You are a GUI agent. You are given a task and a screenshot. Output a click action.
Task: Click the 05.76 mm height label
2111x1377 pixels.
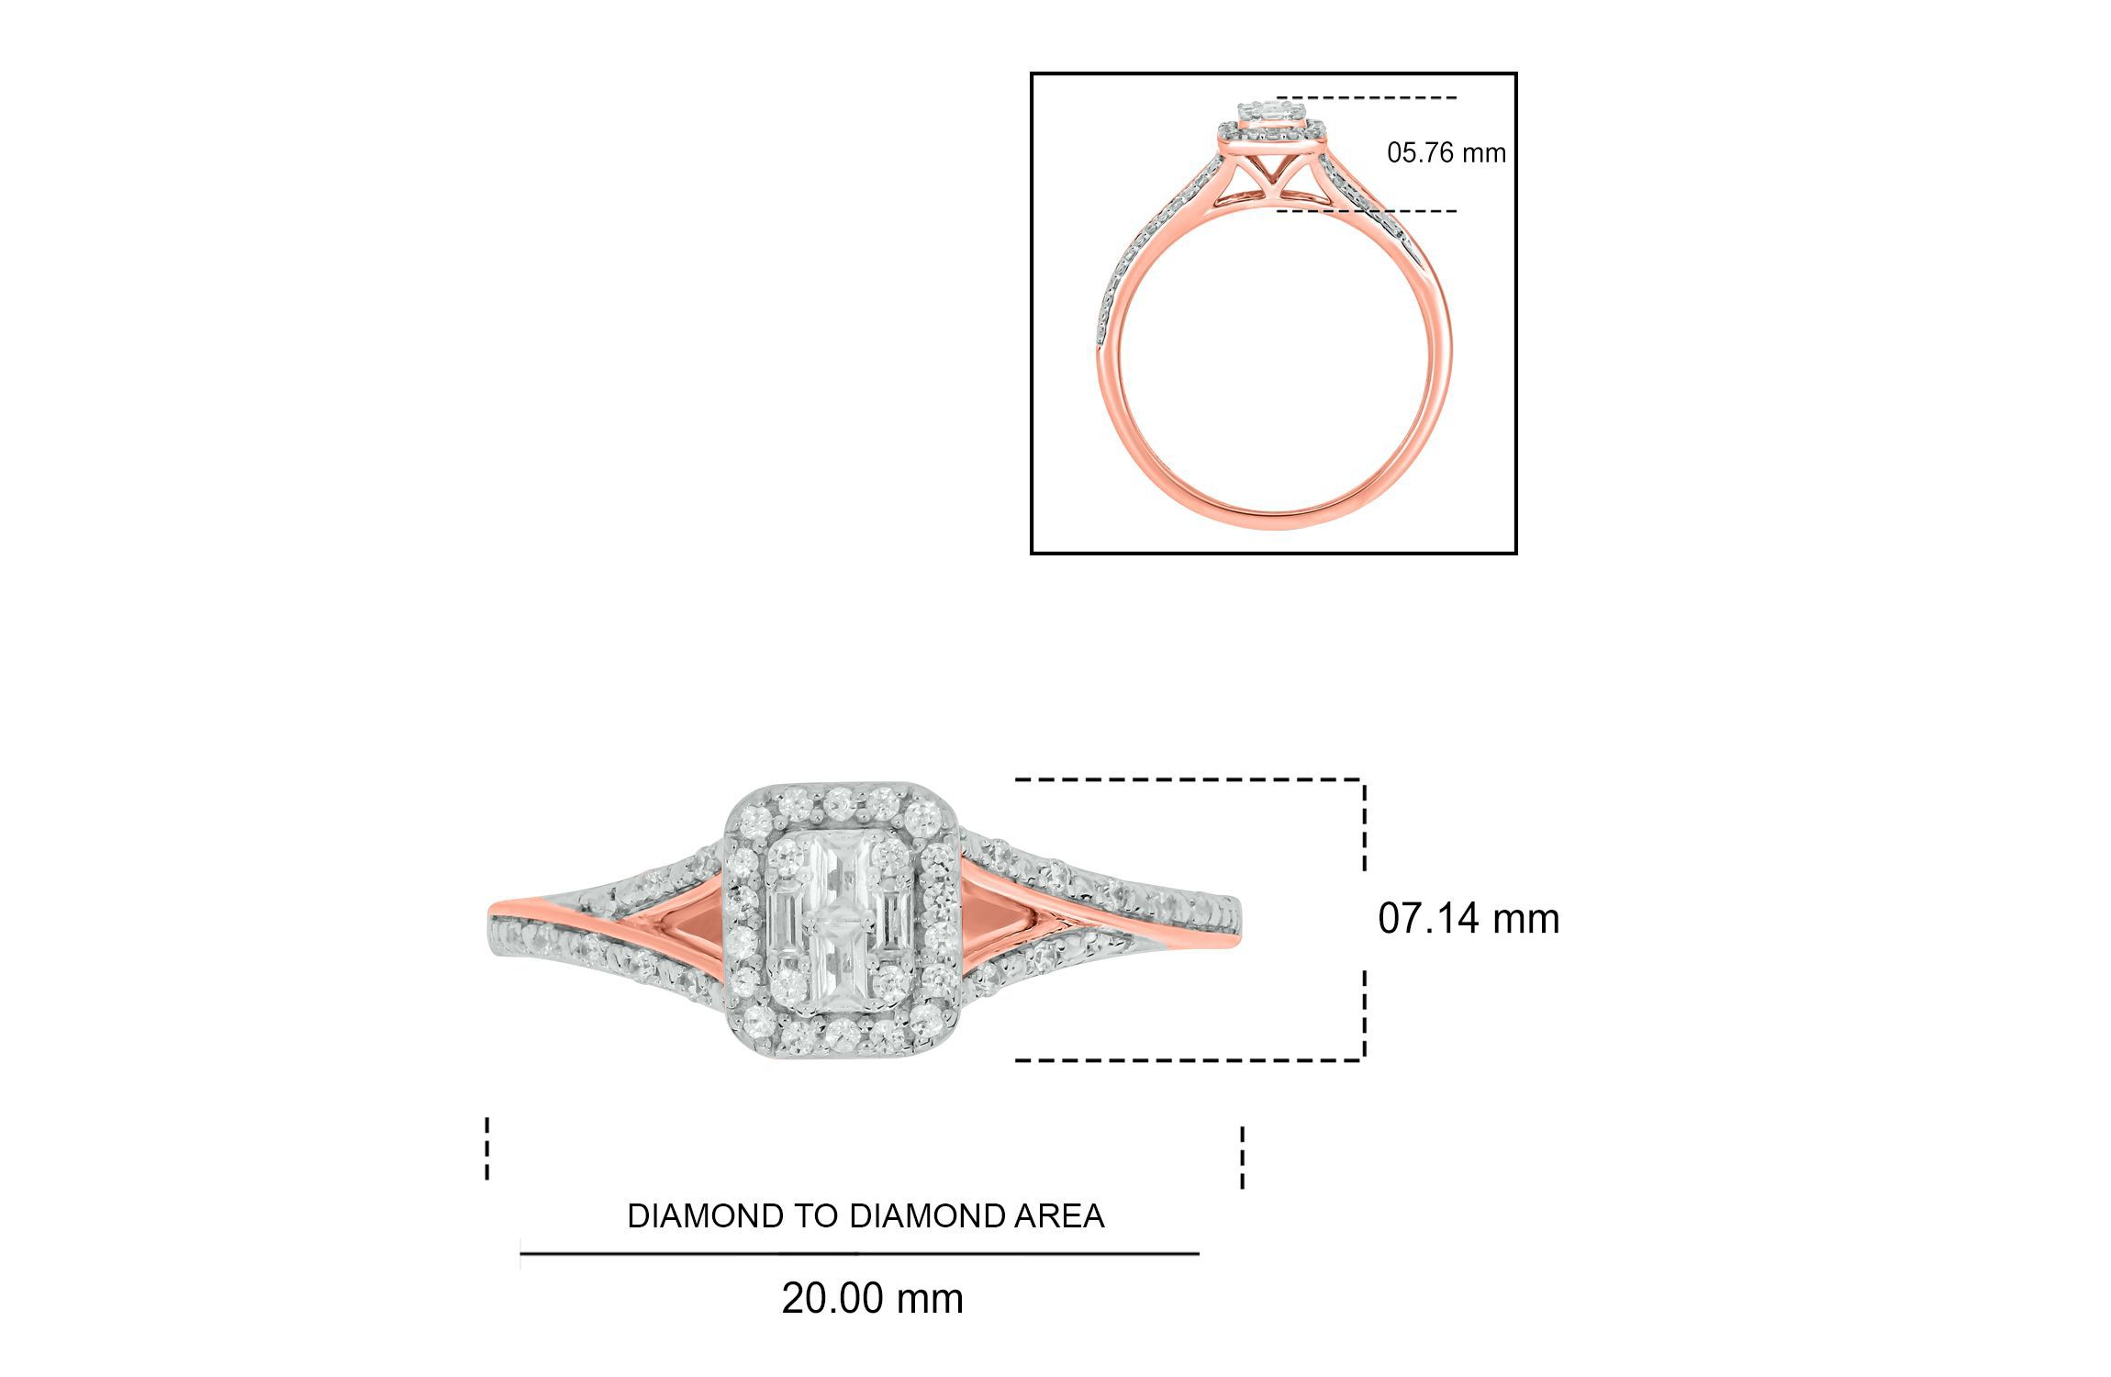click(1446, 152)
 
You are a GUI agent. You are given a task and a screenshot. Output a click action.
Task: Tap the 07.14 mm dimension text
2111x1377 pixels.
click(1468, 919)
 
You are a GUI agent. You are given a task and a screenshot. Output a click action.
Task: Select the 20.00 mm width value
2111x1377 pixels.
click(872, 1299)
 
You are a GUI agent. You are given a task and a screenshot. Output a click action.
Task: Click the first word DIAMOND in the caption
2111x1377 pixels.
click(709, 1216)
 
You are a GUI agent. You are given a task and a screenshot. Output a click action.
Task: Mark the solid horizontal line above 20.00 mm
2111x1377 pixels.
click(859, 1253)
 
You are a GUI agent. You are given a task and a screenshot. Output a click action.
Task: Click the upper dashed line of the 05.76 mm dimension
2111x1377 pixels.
click(1366, 97)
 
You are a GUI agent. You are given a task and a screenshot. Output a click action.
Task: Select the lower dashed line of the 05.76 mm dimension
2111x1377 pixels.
click(1366, 211)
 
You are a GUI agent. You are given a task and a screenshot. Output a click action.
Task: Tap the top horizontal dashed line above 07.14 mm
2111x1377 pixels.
click(1189, 780)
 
